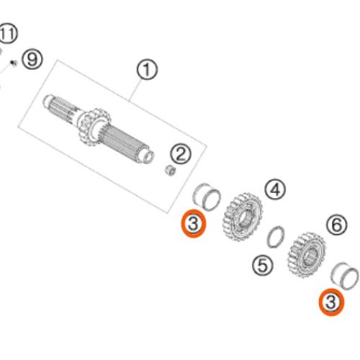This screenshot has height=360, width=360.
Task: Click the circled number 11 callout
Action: pos(8,34)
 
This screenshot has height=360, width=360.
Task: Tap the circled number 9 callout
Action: pos(32,59)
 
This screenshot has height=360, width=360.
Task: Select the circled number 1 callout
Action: pos(147,70)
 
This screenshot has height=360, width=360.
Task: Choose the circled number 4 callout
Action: pos(275,189)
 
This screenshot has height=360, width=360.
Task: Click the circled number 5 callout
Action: pos(263,265)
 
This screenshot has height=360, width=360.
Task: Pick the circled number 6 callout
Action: pos(337,225)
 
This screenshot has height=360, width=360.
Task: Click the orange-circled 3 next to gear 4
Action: pos(194,224)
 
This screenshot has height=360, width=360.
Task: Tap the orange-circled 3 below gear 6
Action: pos(331,302)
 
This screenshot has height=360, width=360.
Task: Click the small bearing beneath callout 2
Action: pos(170,170)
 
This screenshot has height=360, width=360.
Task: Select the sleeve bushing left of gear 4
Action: pos(207,197)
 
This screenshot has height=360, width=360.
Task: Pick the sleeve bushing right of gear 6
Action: pos(345,276)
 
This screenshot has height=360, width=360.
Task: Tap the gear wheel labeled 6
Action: pos(307,255)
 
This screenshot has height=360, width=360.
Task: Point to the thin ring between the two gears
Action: pos(276,237)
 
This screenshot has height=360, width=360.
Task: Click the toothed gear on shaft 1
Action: pos(94,127)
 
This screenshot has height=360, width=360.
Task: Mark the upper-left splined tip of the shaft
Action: pos(48,101)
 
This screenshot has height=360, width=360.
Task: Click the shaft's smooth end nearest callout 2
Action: pos(147,156)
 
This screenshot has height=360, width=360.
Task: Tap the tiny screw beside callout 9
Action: pos(14,63)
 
